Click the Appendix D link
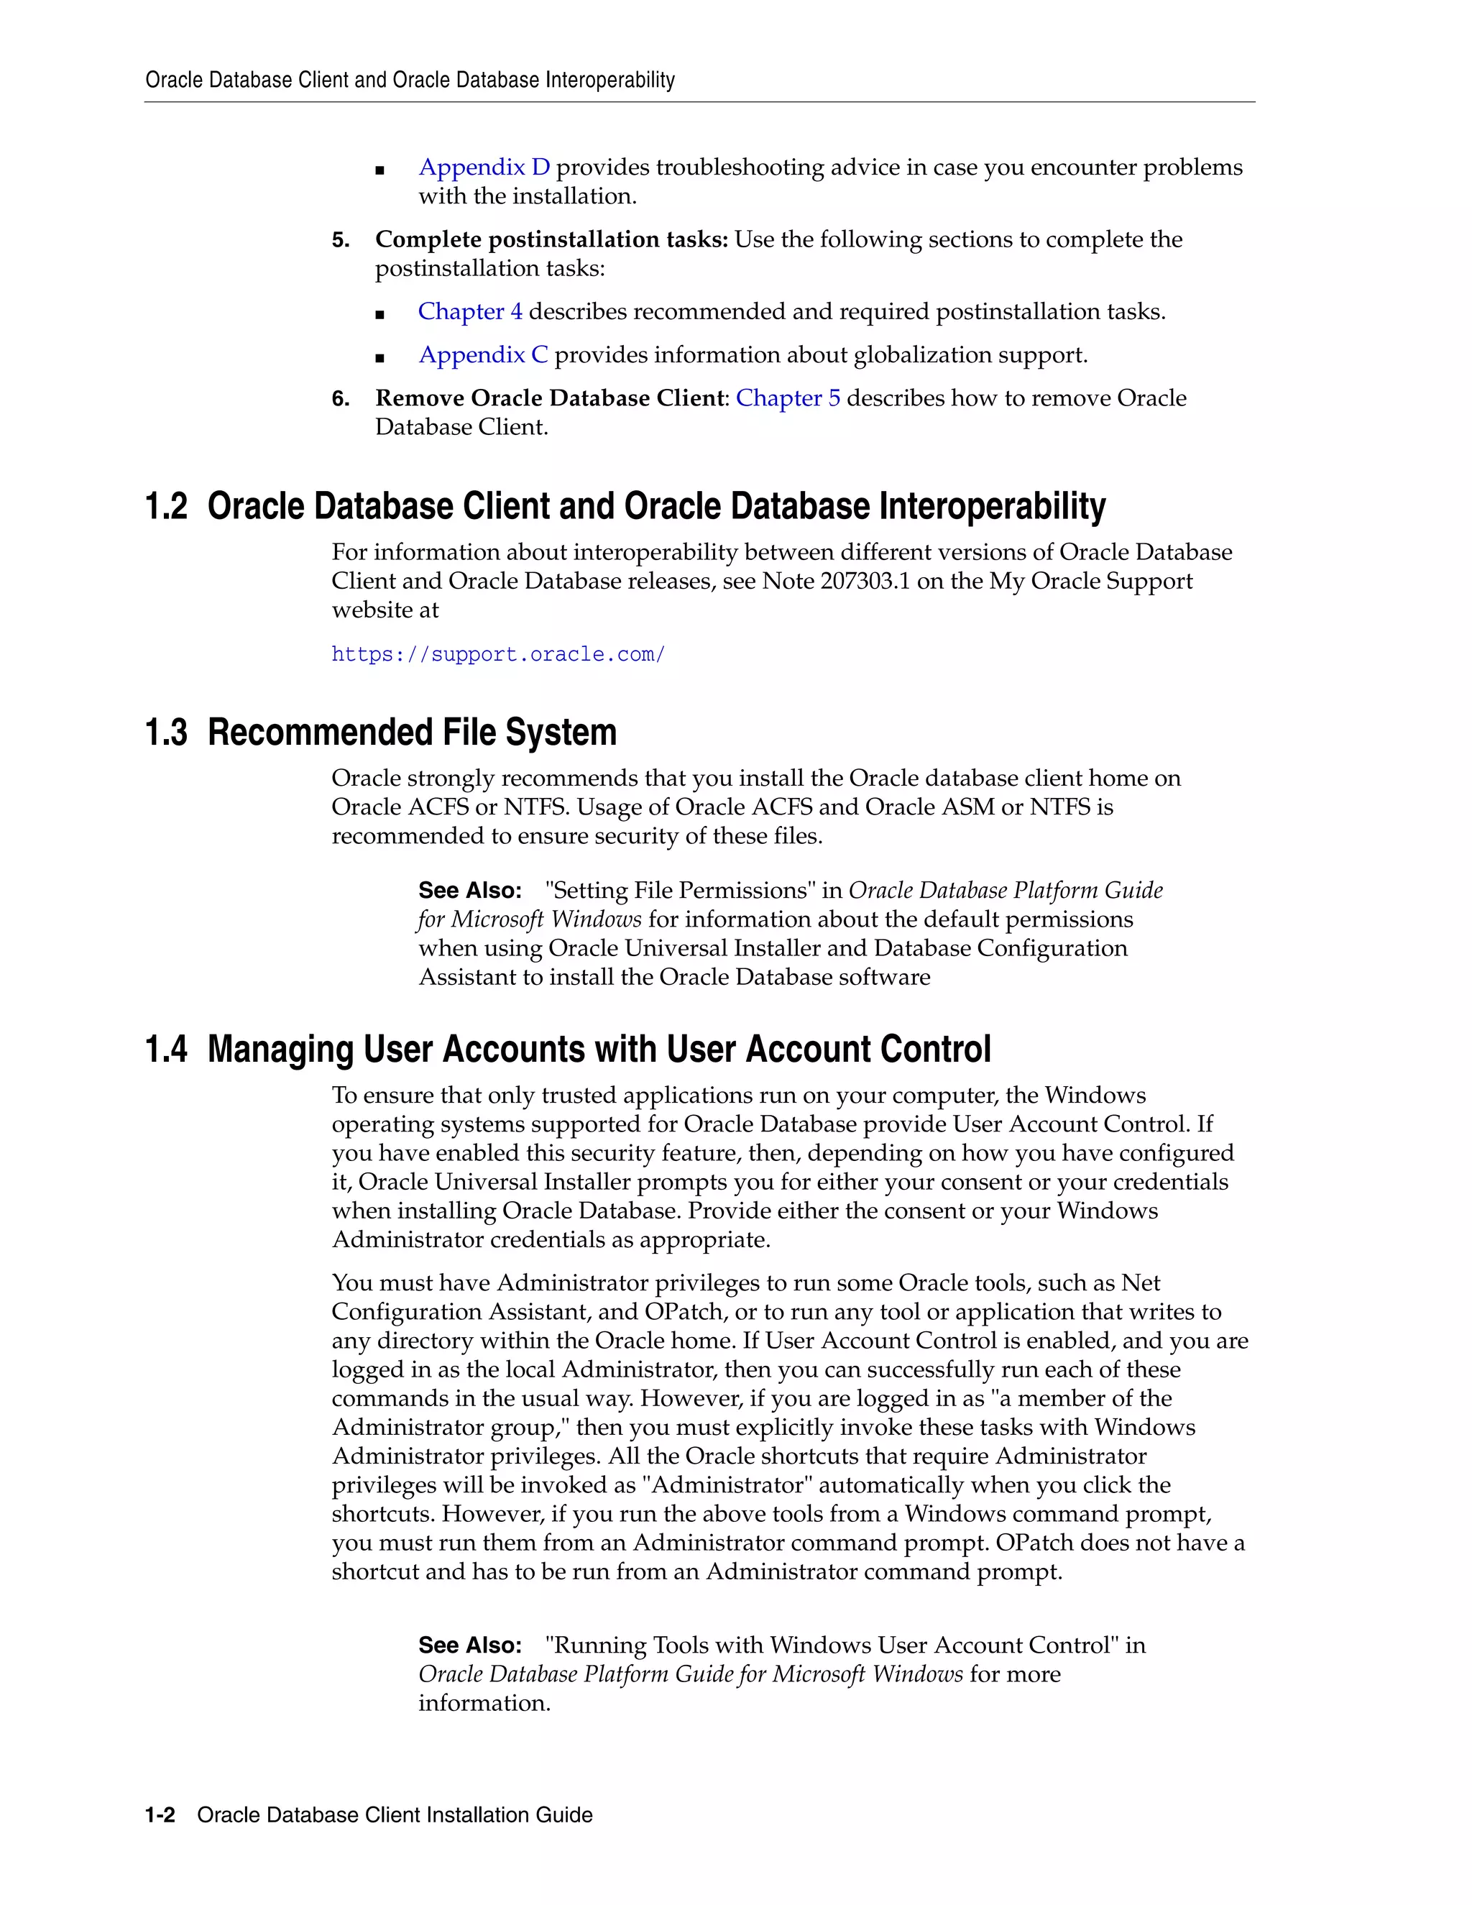pos(484,167)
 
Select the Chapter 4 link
pos(470,311)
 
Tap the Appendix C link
pos(483,355)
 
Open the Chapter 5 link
pos(788,399)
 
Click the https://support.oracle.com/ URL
pos(498,654)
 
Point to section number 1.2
pos(166,507)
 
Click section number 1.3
pos(166,733)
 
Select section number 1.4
pos(166,1050)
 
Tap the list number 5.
pos(340,240)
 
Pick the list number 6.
pos(340,400)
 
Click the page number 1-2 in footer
pos(160,1815)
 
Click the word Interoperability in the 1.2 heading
pos(993,507)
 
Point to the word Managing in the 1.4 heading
pos(280,1050)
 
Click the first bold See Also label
pos(470,891)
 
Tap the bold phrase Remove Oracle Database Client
pos(551,399)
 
